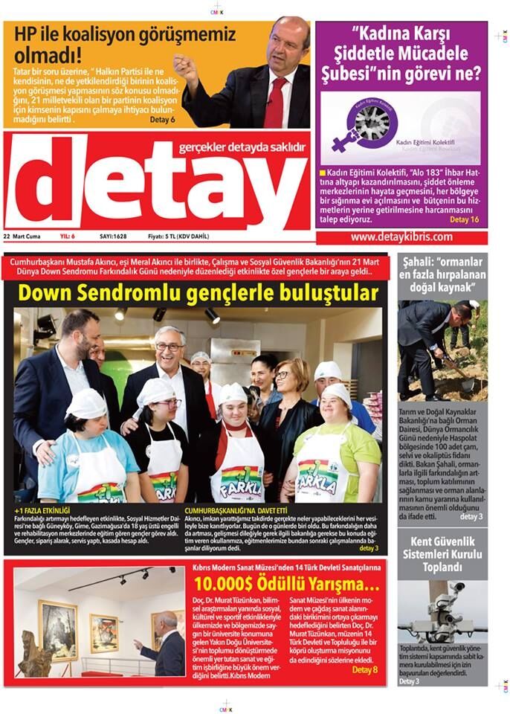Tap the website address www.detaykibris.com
[x=401, y=237]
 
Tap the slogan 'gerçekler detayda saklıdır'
[x=242, y=148]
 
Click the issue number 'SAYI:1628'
[x=113, y=237]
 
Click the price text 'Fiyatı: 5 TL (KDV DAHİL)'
[x=178, y=237]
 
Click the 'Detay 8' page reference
[x=364, y=669]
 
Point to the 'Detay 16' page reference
[x=465, y=220]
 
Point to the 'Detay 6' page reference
[x=162, y=119]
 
